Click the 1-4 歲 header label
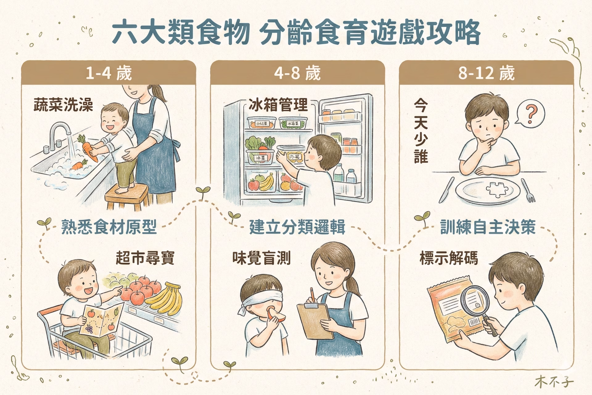click(109, 73)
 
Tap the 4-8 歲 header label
click(297, 73)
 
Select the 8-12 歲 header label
click(486, 73)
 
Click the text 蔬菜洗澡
click(64, 105)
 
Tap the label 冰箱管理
click(278, 105)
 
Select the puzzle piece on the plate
click(496, 189)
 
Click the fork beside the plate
click(528, 190)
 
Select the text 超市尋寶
click(145, 258)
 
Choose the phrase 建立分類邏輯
click(297, 227)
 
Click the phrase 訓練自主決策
click(488, 227)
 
